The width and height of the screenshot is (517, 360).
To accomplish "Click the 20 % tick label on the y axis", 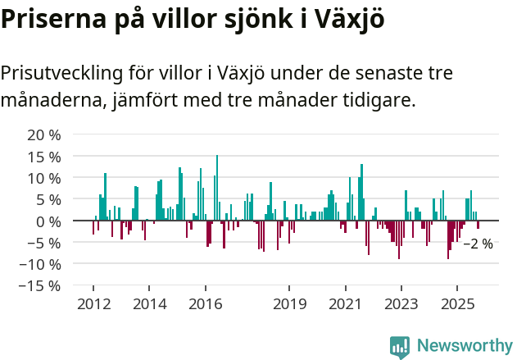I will (43, 134).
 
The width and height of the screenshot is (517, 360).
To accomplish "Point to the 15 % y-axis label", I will (43, 156).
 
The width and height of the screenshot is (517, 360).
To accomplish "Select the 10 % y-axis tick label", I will (43, 178).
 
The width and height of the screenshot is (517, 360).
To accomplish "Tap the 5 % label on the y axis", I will (48, 199).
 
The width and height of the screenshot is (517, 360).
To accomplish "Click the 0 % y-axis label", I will (48, 221).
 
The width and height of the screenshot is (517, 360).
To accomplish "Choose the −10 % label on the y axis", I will (39, 264).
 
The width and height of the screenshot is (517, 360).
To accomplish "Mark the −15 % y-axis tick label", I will (39, 286).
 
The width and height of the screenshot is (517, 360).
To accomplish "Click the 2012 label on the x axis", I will (93, 304).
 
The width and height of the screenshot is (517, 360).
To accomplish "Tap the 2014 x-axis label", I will (149, 304).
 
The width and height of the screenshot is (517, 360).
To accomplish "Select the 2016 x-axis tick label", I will (205, 304).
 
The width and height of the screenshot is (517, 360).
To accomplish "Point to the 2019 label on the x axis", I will (288, 304).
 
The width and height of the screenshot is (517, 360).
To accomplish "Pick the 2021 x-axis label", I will (345, 304).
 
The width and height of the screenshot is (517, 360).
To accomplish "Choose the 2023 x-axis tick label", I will (401, 304).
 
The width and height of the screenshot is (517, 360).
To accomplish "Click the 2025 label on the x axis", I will (456, 304).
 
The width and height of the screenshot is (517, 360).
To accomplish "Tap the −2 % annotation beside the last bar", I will (478, 244).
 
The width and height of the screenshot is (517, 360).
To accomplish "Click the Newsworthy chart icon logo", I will (400, 346).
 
